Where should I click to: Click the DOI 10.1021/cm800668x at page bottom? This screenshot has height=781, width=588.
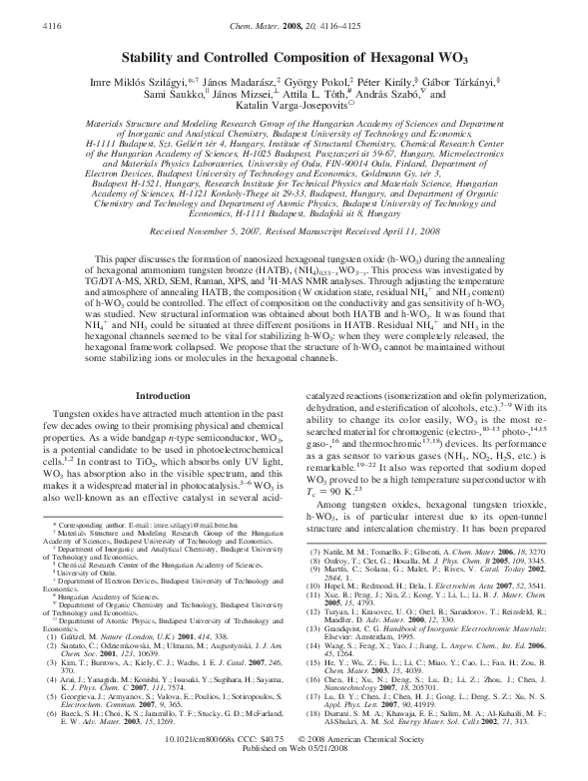(x=219, y=761)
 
